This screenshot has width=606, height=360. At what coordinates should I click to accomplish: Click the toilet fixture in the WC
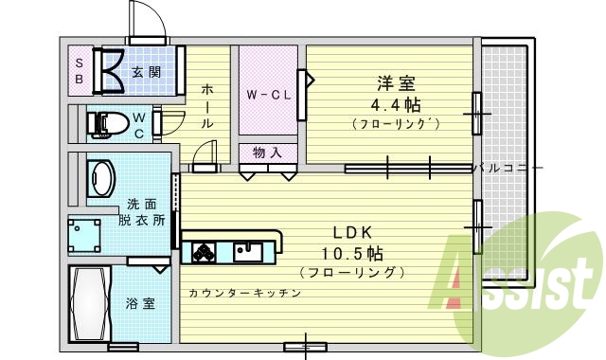point(107,122)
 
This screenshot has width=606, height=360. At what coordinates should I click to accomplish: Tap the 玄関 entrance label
point(145,72)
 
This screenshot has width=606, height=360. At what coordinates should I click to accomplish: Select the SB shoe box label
point(79,71)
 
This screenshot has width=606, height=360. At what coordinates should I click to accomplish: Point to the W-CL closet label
point(266,95)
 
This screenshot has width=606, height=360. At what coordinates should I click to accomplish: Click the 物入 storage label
point(266,152)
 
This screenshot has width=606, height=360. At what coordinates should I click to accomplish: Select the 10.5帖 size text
point(351,253)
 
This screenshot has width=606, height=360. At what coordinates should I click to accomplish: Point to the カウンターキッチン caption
point(244,294)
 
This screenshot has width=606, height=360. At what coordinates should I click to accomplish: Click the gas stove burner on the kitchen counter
point(205,251)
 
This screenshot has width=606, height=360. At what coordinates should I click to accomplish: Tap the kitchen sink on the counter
point(248,251)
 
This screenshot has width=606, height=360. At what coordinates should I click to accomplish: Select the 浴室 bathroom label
point(141,304)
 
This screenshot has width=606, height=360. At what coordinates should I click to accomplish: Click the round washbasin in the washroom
point(100,178)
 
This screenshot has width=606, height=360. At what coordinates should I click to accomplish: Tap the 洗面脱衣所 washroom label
point(141,212)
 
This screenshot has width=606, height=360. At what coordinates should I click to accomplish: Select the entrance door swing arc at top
point(142,16)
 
